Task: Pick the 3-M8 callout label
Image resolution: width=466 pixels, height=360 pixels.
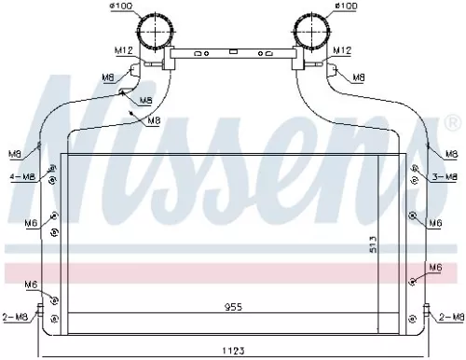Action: point(445,176)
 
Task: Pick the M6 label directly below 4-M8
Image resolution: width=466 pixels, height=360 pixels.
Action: point(32,223)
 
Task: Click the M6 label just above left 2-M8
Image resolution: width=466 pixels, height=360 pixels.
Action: point(32,284)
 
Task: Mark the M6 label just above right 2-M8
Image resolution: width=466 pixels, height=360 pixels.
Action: point(433,269)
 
